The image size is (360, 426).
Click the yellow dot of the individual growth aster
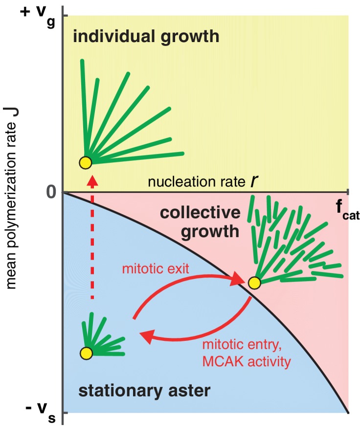[85, 162]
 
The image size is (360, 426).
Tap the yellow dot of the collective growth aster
[254, 282]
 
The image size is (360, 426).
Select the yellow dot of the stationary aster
[86, 353]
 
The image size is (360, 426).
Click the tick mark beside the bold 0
[61, 192]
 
